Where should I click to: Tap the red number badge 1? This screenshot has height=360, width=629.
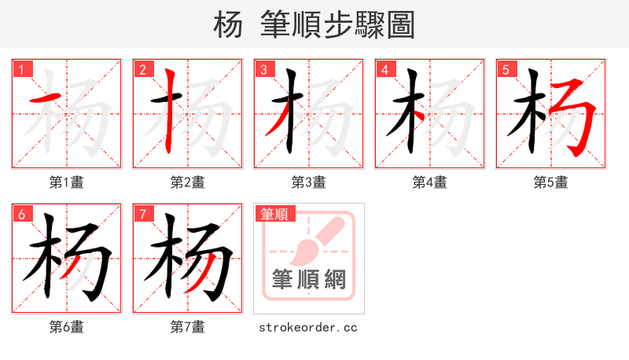tap(21, 70)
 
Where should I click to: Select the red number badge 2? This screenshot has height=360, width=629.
tap(142, 70)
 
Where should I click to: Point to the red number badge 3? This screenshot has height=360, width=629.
tap(263, 70)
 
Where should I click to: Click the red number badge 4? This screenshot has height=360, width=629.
tap(384, 70)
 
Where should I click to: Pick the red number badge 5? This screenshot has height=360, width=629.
tap(506, 70)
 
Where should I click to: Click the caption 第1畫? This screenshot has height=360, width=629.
tap(67, 182)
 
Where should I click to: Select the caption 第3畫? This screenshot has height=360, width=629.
tap(309, 182)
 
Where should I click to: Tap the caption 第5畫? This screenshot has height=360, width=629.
tap(551, 182)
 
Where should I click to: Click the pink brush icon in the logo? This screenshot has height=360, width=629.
tap(318, 240)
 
